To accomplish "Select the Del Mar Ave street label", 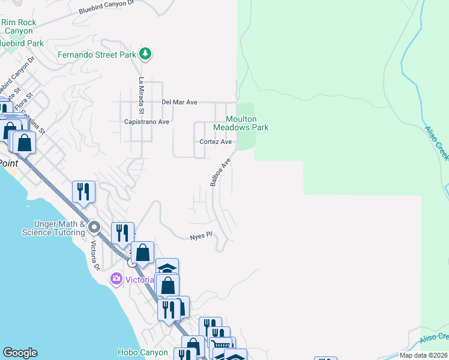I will pos(179,102).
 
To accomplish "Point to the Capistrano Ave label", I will pos(147,122).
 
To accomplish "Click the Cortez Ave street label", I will pos(216,142).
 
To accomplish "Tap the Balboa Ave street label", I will pos(220,173).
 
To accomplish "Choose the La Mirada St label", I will pos(142,95).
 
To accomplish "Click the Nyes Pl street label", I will pos(201,236).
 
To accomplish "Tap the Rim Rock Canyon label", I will pos(19,26).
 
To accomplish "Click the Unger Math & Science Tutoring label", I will pos(51,228).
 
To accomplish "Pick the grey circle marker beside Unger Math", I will pos(94,227).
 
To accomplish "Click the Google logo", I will pos(20,353).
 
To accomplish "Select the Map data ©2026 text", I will pos(423,355).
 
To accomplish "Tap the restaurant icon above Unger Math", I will pos(83,191).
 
